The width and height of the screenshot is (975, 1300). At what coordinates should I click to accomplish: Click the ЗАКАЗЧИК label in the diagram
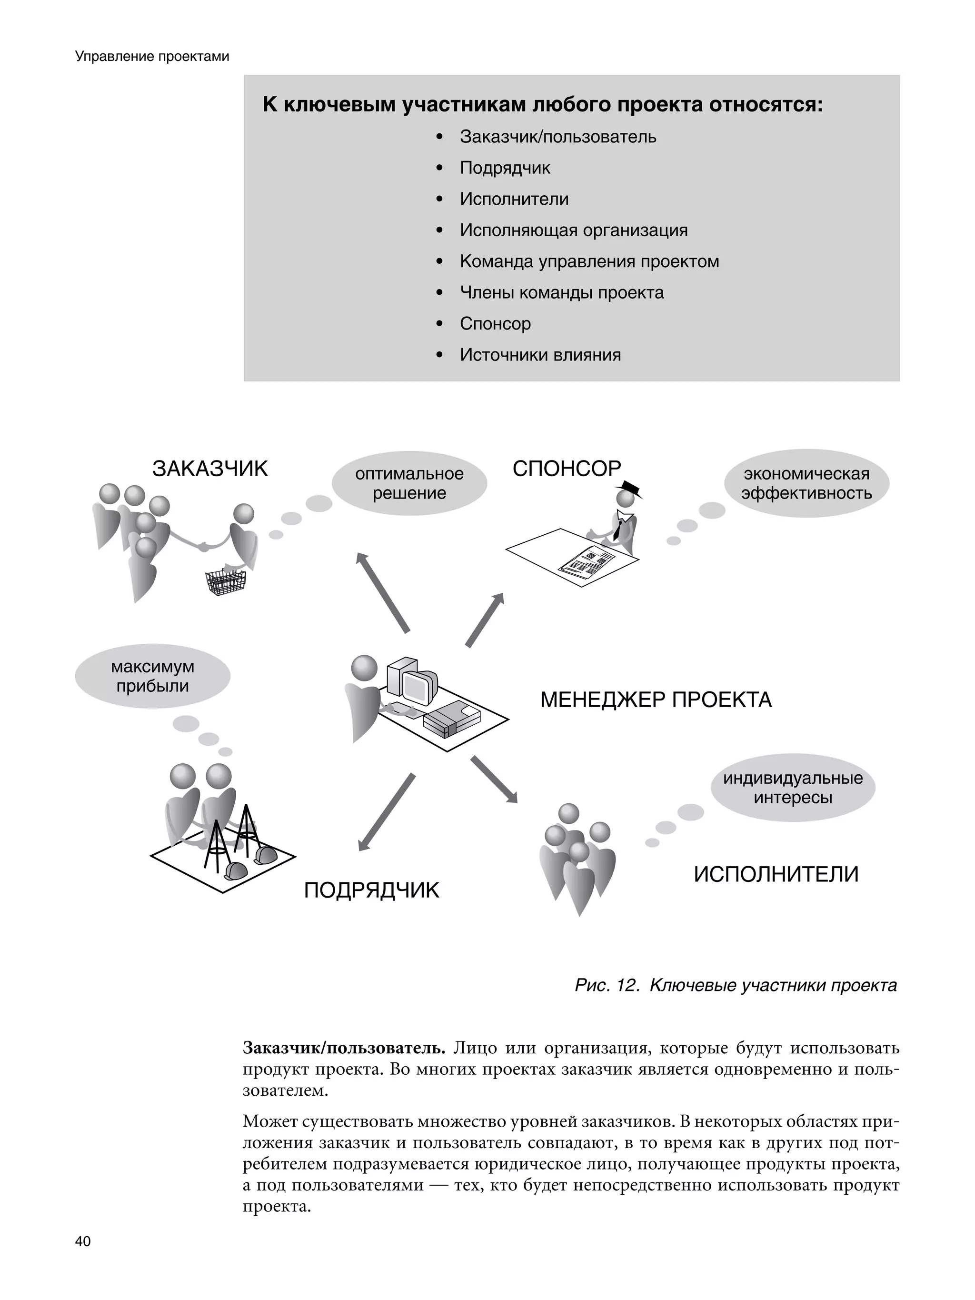click(x=210, y=469)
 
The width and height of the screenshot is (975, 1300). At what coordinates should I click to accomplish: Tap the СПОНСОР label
click(x=567, y=469)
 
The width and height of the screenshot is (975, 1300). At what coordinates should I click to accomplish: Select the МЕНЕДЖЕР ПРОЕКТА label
click(x=655, y=700)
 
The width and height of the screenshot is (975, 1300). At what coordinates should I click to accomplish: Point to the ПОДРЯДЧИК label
click(x=371, y=890)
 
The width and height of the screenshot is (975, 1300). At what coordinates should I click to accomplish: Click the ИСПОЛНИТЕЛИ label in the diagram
click(x=776, y=874)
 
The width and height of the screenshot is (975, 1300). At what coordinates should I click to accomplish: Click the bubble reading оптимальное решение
click(x=409, y=483)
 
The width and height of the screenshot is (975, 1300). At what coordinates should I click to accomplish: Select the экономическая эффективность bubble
click(x=806, y=483)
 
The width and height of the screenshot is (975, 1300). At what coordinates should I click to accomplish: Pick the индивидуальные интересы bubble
click(x=793, y=788)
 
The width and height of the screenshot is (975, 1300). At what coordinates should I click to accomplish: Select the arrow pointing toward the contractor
click(x=387, y=811)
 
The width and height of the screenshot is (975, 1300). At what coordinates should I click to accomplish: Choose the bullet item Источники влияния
click(x=540, y=355)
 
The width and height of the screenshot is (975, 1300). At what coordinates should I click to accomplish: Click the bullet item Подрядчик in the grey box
click(x=505, y=168)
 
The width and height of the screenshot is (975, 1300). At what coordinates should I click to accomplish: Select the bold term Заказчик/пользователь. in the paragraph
click(x=345, y=1048)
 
